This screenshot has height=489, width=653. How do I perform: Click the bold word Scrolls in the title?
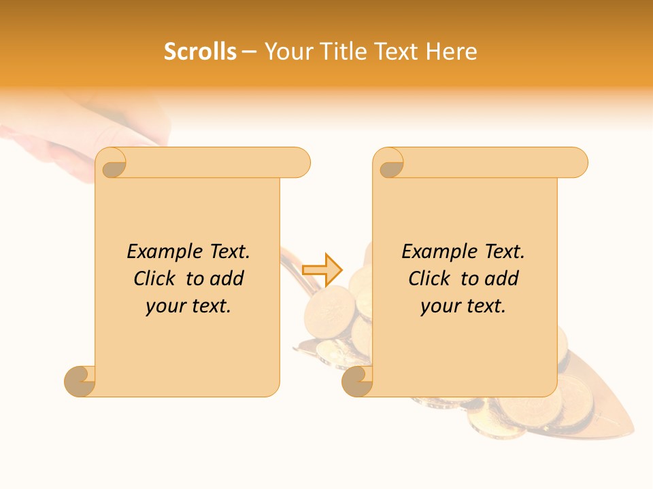tap(200, 52)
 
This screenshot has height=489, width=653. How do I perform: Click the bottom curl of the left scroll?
tap(80, 380)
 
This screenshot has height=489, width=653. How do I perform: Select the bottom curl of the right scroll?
tap(356, 380)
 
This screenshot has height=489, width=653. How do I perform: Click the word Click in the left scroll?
tap(154, 278)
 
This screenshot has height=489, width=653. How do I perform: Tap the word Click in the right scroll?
tap(429, 278)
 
